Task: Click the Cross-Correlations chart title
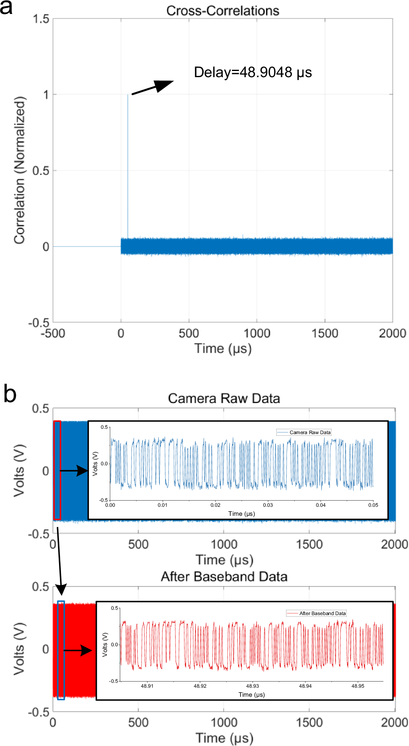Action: click(x=223, y=11)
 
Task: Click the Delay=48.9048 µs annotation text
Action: click(x=253, y=72)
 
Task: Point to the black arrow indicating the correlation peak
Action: click(x=152, y=87)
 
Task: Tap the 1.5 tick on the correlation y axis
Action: click(x=41, y=19)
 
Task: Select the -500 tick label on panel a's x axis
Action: click(x=53, y=333)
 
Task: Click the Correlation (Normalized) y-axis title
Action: click(x=20, y=170)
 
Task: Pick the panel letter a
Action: click(x=7, y=7)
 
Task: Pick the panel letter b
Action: click(x=9, y=394)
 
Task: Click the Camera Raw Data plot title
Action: click(x=224, y=398)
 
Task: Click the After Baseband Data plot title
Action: click(x=224, y=577)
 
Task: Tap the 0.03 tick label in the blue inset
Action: click(x=268, y=505)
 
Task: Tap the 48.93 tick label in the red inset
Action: click(x=252, y=686)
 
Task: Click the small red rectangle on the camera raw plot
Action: click(x=57, y=470)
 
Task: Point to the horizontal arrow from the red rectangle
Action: click(x=74, y=471)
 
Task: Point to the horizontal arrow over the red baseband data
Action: click(x=78, y=650)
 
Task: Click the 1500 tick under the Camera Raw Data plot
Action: click(x=309, y=545)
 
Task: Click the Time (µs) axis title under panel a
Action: click(x=223, y=349)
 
